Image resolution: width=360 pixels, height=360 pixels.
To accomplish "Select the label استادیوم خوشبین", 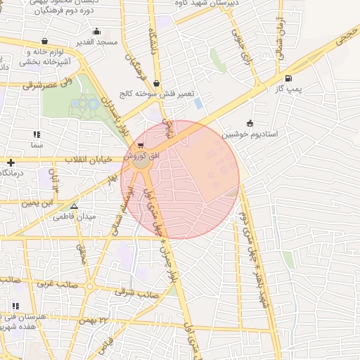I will point(250,134).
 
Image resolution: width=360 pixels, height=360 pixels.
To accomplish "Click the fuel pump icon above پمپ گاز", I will point(288,78).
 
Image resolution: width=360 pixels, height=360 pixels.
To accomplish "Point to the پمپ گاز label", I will point(288,89).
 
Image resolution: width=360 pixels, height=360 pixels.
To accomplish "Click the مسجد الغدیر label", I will point(96,43).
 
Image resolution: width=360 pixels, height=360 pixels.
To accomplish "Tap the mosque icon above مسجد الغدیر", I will point(96,32).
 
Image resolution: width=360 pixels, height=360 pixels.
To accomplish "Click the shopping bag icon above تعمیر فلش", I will point(166,83).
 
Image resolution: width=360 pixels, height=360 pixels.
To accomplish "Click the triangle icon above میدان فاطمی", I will point(74,207).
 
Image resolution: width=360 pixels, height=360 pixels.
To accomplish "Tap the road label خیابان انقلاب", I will point(89,160).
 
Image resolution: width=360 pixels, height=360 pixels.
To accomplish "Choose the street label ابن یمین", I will point(37,202).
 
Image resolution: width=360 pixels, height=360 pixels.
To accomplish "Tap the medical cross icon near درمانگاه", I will point(11,162).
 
